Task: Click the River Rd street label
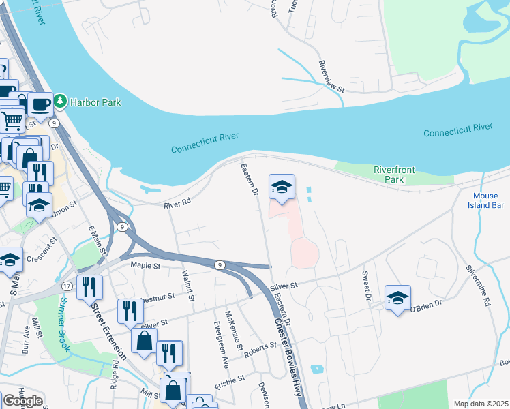(x=175, y=204)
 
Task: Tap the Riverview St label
(x=333, y=76)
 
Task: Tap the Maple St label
(x=145, y=264)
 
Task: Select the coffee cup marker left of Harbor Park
(x=40, y=105)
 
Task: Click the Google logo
(x=22, y=401)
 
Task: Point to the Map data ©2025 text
(x=480, y=404)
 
